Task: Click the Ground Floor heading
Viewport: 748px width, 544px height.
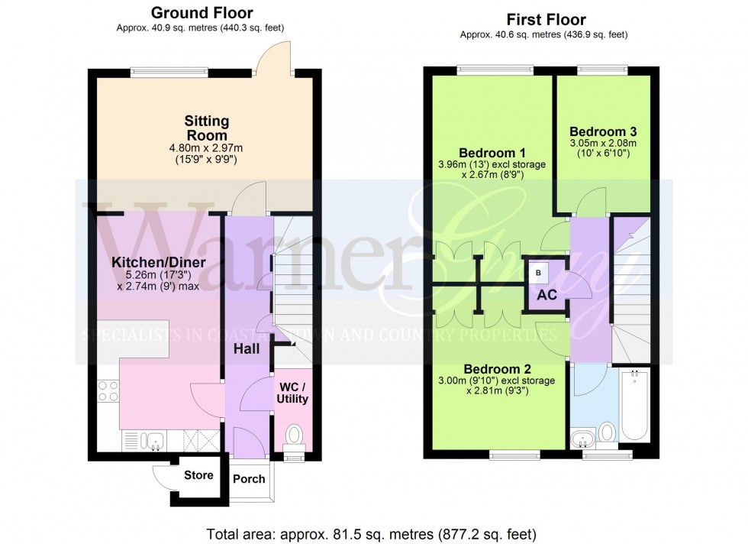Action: tap(202, 12)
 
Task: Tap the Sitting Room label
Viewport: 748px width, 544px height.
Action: tap(206, 128)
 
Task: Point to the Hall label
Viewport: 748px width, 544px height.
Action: tap(247, 349)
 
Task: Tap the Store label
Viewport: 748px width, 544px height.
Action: tap(198, 475)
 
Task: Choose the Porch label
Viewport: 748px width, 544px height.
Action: tap(249, 479)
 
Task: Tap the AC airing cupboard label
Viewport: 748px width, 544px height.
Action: tap(546, 293)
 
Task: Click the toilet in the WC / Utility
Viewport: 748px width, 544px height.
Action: tap(293, 436)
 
